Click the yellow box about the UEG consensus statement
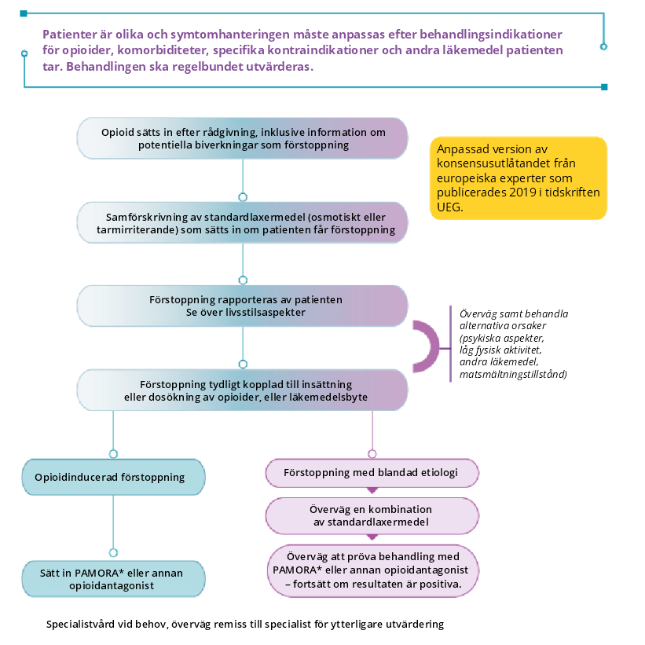coord(519,178)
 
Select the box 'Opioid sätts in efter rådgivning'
coord(242,138)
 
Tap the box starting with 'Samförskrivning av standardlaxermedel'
coord(242,222)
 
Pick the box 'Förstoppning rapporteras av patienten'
coord(242,306)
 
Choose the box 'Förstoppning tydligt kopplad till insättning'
coord(242,390)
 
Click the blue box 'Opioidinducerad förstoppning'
coord(113,477)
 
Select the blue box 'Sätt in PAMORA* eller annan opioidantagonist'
coord(113,579)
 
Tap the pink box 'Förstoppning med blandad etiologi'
coord(372,473)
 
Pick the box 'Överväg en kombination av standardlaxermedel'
coord(372,516)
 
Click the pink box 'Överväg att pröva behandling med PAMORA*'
coord(372,571)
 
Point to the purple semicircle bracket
coord(434,346)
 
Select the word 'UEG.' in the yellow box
coord(449,207)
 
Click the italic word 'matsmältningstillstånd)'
coord(513,374)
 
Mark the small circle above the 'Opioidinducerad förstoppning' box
coord(114,454)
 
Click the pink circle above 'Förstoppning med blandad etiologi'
coord(372,454)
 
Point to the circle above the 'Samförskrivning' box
coord(243,197)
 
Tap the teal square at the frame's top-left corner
coord(24,13)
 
